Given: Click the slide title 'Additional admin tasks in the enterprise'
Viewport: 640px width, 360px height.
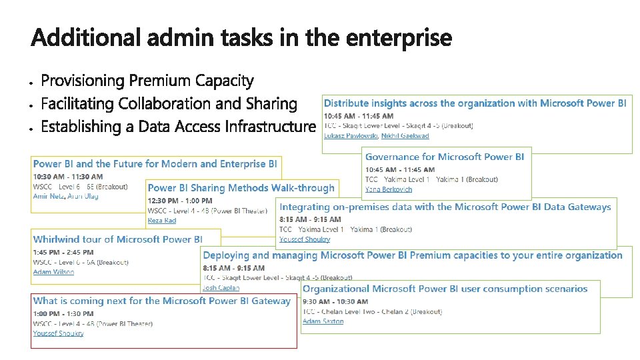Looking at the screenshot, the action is [241, 38].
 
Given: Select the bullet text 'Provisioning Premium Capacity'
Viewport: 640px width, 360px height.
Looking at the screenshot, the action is [147, 81].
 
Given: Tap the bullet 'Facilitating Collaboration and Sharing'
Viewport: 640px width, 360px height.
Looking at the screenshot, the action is [169, 104].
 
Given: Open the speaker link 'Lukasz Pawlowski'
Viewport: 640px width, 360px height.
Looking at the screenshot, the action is [351, 136].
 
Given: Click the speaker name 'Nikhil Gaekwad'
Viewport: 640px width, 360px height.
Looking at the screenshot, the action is [405, 136].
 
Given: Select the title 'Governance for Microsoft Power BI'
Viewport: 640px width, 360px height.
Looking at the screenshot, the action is [445, 157].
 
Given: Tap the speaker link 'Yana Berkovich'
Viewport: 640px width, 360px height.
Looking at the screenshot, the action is [389, 189].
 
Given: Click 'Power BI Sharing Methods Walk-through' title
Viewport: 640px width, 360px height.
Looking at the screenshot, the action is [241, 189].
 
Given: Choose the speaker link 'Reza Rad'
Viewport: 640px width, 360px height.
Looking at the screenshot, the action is [162, 220].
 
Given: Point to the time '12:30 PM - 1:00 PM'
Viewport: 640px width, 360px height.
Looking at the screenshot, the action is [180, 201].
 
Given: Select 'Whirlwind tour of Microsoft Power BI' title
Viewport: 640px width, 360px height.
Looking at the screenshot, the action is [118, 239].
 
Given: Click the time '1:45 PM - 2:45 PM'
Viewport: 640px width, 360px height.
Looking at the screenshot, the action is [65, 253].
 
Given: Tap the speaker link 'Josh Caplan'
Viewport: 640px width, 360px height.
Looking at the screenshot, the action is [221, 288].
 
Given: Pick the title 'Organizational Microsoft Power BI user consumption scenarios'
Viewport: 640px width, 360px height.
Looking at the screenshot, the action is [445, 289].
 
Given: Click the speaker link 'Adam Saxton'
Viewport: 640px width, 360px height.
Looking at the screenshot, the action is [323, 321].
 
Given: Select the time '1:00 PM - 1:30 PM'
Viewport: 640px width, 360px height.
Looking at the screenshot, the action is [63, 313].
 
